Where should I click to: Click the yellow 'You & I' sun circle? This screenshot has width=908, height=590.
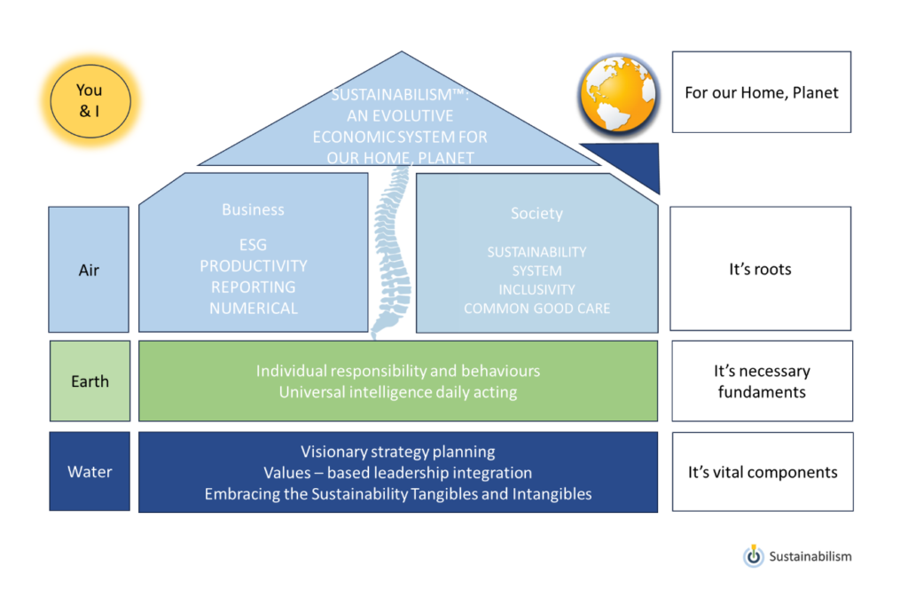(90, 101)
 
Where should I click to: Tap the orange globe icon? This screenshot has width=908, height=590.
(618, 94)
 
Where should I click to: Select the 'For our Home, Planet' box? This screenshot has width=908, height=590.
(762, 92)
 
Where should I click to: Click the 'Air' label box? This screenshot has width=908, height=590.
(89, 270)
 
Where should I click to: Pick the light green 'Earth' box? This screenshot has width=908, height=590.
(90, 381)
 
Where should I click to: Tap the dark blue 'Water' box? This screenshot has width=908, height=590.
(90, 471)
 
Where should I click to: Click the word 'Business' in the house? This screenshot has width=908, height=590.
(253, 209)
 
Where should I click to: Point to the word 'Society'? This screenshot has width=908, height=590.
(536, 213)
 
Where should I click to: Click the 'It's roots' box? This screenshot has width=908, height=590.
(760, 269)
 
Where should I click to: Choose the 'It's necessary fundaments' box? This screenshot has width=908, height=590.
(762, 381)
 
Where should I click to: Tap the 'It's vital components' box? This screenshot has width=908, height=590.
(763, 472)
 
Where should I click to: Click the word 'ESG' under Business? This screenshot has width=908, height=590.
(253, 245)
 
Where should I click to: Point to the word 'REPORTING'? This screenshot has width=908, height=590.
(253, 287)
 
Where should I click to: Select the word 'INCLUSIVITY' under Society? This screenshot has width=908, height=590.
(536, 289)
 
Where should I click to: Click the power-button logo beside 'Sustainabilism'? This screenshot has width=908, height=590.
(754, 555)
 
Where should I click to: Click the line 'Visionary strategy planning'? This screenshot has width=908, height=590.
(398, 452)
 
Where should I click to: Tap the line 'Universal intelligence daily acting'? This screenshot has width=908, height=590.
(398, 392)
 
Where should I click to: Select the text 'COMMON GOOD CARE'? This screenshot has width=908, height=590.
(536, 309)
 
